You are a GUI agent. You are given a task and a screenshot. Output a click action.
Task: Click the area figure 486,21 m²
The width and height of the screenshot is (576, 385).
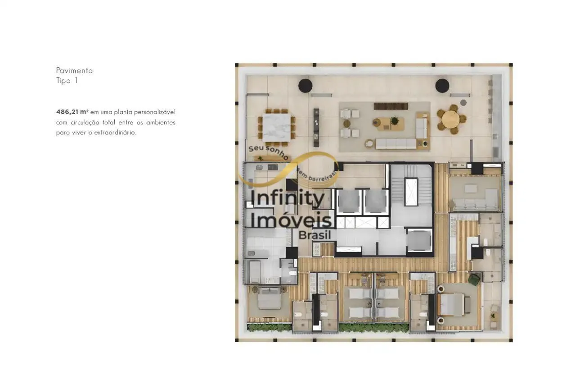tap(72, 112)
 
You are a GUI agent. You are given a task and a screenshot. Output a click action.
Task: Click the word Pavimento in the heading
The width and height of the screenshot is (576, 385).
tap(74, 71)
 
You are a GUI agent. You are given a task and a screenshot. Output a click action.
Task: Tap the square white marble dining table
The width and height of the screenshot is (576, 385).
tap(277, 128)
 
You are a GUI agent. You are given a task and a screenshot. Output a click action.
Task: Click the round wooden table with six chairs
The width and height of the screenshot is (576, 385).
tap(450, 119)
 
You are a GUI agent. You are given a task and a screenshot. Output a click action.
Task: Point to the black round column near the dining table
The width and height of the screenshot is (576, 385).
tap(305, 85)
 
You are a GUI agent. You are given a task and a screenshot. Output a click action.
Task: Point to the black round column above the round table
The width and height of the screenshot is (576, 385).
tap(442, 86)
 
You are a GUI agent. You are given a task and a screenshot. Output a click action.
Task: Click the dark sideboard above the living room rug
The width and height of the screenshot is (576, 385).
tap(391, 106)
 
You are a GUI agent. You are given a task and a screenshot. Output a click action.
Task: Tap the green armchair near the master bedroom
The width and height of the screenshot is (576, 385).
tap(474, 280)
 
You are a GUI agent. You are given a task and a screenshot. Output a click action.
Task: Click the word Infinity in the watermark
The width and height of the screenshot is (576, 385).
tap(287, 198)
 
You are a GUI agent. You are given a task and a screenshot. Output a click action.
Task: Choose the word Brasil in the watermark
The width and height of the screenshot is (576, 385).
tap(315, 235)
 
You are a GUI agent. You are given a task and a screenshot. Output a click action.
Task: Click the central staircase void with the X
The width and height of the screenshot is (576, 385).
tap(411, 192)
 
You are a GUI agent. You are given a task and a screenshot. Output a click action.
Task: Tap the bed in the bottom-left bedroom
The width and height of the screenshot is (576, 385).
tap(269, 298)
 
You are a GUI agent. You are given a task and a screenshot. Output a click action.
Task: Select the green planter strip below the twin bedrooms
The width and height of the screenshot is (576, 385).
tap(373, 328)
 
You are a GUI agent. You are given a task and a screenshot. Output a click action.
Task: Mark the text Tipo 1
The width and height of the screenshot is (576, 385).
tap(67, 81)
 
